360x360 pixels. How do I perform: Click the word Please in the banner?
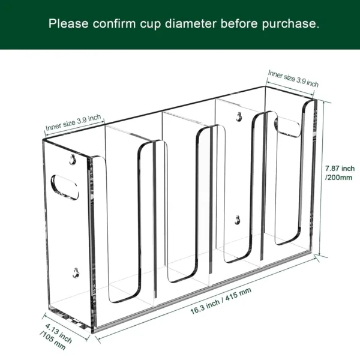point(68,24)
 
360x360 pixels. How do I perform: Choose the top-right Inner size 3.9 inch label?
point(293,79)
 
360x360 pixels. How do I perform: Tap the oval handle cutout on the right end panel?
point(287,125)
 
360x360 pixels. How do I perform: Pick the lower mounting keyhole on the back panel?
point(238,220)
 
